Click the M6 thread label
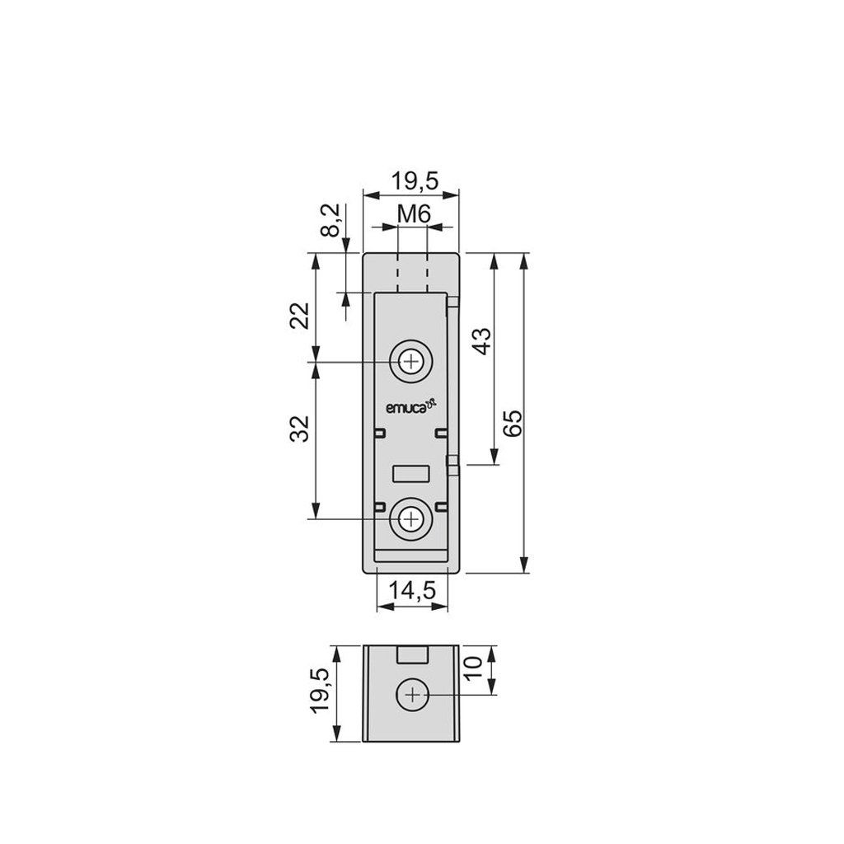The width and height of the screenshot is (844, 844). tap(414, 215)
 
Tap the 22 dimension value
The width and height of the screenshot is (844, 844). tap(300, 316)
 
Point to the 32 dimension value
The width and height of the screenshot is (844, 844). tap(300, 429)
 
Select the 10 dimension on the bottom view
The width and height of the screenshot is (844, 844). tap(473, 668)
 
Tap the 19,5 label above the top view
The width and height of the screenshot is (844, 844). tap(415, 181)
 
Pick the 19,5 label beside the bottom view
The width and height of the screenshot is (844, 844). tap(320, 691)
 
